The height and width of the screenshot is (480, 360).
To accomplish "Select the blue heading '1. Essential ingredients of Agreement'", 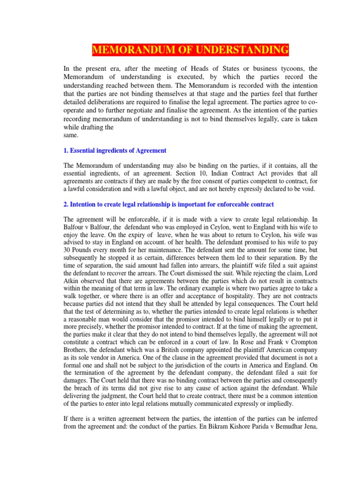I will click(x=115, y=150).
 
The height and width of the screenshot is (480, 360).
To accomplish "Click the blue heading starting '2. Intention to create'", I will click(x=169, y=205).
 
